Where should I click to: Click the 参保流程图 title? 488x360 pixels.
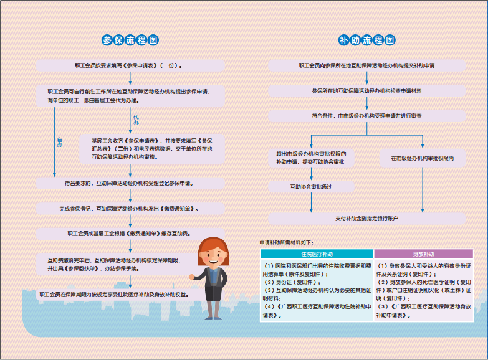point(130,40)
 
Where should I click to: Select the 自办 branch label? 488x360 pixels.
point(60,141)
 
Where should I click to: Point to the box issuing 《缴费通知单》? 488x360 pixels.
point(129,208)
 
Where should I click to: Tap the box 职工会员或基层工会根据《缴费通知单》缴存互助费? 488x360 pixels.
point(129,234)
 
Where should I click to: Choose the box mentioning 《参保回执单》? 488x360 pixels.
point(118,264)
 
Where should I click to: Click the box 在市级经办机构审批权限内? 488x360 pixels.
point(422,158)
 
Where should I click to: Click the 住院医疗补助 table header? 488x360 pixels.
point(317,254)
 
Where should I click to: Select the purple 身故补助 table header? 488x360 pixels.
point(423,254)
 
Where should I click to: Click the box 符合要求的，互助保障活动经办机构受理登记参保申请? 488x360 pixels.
point(129,183)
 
